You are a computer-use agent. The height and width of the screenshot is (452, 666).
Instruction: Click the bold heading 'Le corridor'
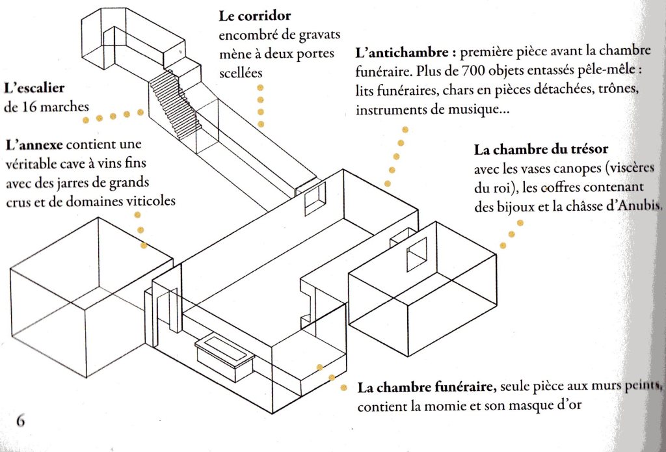[x=255, y=16]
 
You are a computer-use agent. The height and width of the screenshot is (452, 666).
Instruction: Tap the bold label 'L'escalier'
[x=34, y=88]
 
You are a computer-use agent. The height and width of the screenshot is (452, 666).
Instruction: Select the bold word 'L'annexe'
[x=34, y=145]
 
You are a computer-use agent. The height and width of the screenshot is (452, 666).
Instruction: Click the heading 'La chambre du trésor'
[x=540, y=150]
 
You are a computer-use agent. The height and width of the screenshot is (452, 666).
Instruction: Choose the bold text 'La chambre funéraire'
[x=427, y=388]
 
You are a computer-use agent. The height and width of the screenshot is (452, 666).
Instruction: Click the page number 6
[x=20, y=420]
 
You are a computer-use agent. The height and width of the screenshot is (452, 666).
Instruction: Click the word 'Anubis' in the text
[x=641, y=206]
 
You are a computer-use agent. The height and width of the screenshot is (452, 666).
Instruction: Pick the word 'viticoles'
[x=151, y=200]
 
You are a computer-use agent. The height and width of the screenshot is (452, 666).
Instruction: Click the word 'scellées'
[x=241, y=73]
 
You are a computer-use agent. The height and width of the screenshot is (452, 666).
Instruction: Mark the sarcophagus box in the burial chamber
[x=224, y=358]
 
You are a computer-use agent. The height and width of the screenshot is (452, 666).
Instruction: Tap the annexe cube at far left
[x=91, y=297]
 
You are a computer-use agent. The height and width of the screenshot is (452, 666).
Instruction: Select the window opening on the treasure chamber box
[x=417, y=254]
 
